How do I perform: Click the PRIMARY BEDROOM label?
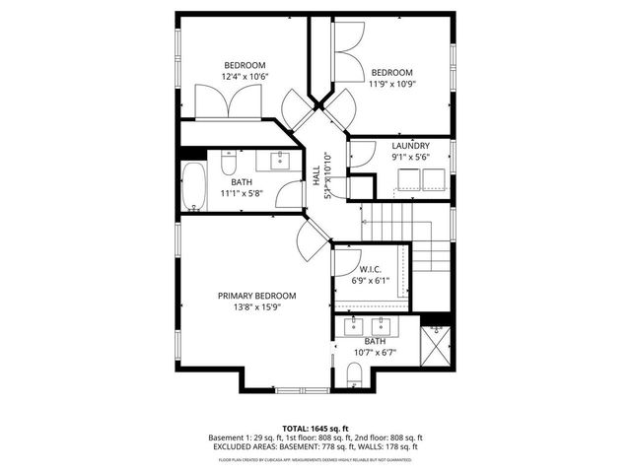pos(256,296)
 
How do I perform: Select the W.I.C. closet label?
pos(371,268)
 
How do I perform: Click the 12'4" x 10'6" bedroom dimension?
pos(245,76)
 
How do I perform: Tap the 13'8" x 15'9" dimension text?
pos(256,306)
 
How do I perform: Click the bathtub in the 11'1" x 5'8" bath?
pos(192,188)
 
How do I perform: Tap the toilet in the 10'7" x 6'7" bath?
pos(356,372)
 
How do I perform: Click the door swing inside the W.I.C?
pos(345,261)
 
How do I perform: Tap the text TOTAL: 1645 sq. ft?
pos(315,428)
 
